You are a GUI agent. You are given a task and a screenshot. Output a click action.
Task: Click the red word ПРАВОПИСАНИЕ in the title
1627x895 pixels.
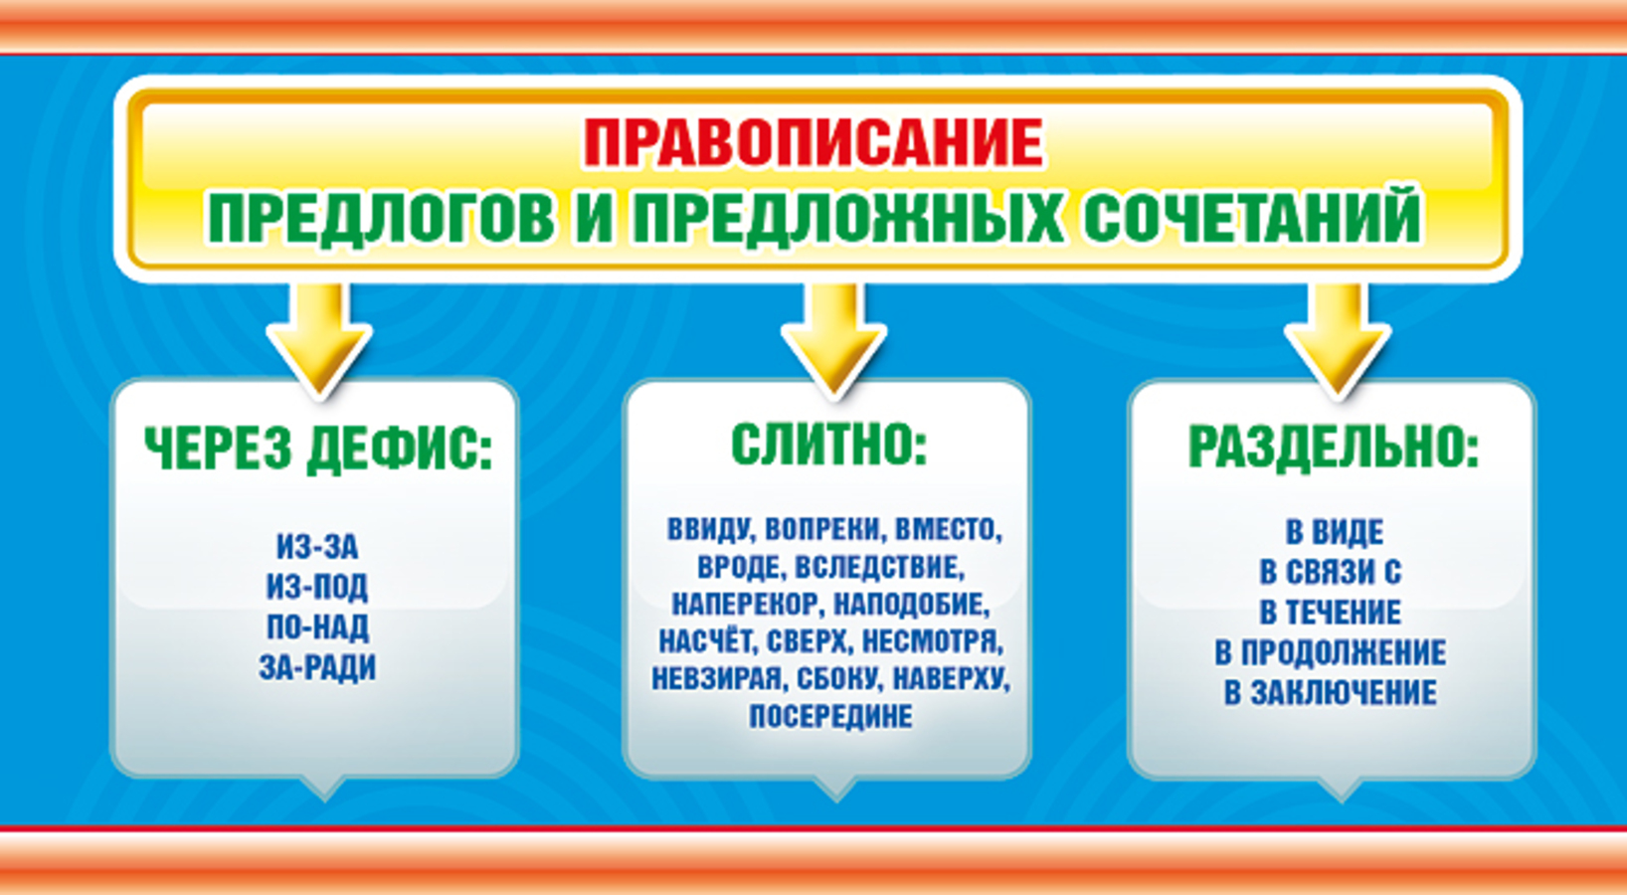pyautogui.click(x=813, y=142)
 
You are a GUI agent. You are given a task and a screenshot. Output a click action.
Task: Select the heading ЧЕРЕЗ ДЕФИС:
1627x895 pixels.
pyautogui.click(x=318, y=448)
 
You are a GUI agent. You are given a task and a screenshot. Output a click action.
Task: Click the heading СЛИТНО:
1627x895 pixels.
pyautogui.click(x=828, y=444)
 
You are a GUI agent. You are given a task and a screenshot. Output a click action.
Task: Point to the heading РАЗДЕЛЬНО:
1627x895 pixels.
pyautogui.click(x=1334, y=447)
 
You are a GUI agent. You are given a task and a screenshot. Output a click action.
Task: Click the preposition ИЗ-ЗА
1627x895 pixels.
pyautogui.click(x=317, y=546)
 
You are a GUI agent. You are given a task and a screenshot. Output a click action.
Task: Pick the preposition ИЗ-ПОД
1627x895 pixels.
pyautogui.click(x=317, y=587)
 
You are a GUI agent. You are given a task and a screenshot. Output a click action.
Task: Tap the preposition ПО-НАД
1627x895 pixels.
pyautogui.click(x=317, y=626)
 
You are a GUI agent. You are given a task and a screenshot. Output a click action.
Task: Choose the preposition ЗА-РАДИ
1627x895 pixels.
pyautogui.click(x=317, y=667)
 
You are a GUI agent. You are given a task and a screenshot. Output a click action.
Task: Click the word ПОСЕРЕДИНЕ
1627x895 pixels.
pyautogui.click(x=831, y=716)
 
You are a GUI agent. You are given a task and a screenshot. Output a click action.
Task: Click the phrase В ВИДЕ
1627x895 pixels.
pyautogui.click(x=1335, y=532)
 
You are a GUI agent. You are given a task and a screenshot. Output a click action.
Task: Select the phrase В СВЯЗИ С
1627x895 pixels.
pyautogui.click(x=1331, y=572)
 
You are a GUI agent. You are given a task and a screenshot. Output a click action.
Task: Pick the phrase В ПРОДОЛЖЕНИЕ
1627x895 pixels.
pyautogui.click(x=1331, y=652)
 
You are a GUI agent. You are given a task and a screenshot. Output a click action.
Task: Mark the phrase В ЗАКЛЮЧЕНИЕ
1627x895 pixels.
pyautogui.click(x=1331, y=692)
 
